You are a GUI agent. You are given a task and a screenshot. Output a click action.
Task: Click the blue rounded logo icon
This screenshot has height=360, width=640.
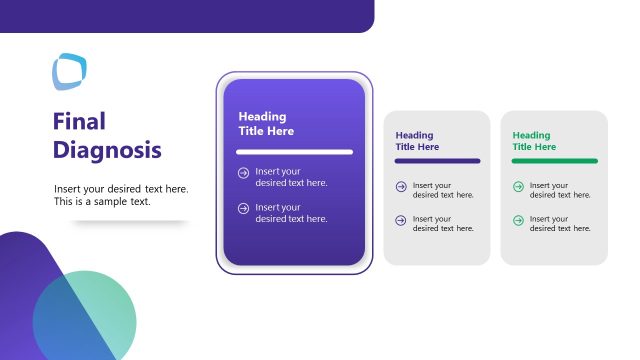pyautogui.click(x=69, y=71)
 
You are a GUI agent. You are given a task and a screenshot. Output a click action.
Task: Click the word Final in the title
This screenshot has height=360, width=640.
pyautogui.click(x=79, y=122)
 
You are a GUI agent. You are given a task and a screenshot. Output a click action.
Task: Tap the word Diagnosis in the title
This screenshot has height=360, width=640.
pyautogui.click(x=106, y=150)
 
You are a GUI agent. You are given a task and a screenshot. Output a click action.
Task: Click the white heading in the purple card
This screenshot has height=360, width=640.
pyautogui.click(x=266, y=124)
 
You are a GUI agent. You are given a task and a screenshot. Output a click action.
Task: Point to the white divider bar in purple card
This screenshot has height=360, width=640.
pyautogui.click(x=294, y=152)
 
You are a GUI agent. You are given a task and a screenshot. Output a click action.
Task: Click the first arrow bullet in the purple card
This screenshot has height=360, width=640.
pyautogui.click(x=243, y=172)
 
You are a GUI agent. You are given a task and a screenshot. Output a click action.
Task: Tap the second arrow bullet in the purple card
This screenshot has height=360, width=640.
pyautogui.click(x=243, y=208)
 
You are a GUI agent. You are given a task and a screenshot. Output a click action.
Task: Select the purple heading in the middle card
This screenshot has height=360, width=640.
pyautogui.click(x=417, y=141)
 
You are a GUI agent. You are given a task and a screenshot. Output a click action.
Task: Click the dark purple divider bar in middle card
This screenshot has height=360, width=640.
pyautogui.click(x=437, y=161)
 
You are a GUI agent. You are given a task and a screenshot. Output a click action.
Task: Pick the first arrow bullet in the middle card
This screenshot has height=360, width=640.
pyautogui.click(x=401, y=186)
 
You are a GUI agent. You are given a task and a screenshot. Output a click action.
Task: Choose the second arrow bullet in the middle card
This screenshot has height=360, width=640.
pyautogui.click(x=401, y=218)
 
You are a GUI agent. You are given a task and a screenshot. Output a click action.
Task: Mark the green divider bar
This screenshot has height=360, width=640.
pyautogui.click(x=554, y=161)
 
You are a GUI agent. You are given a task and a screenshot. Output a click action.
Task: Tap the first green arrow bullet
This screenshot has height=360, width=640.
pyautogui.click(x=518, y=186)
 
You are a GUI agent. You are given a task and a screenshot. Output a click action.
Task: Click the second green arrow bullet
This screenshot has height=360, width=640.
pyautogui.click(x=518, y=218)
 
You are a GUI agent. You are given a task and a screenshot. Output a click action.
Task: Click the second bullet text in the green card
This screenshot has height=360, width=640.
pyautogui.click(x=560, y=223)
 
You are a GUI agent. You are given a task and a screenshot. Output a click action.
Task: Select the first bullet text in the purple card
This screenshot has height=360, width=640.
pyautogui.click(x=291, y=177)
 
